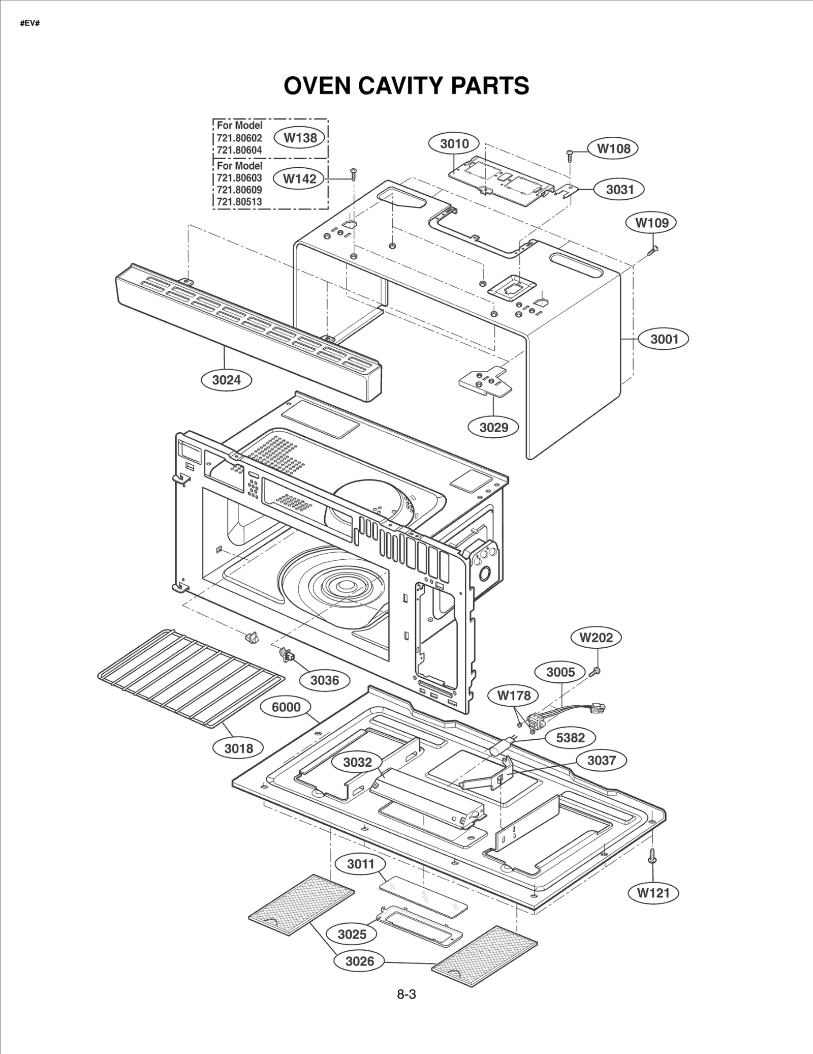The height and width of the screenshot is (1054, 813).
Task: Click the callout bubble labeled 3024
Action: coord(226,380)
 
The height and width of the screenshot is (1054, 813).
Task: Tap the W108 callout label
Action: coord(613,148)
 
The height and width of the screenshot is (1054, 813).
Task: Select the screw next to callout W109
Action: coord(653,249)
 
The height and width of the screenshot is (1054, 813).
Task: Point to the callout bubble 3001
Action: coord(664,339)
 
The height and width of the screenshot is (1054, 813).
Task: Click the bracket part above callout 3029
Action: coord(485,380)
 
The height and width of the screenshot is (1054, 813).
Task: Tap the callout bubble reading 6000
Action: coord(286,707)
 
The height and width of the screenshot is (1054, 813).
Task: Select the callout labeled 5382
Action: coord(570,738)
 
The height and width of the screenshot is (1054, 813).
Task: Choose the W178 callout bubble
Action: coord(513,695)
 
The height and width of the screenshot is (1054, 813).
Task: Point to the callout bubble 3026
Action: coord(359,961)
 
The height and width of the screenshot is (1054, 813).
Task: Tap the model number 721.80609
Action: coord(239,190)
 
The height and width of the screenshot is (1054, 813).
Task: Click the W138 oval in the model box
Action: coord(300,138)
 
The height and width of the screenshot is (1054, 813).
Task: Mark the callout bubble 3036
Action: coord(324,680)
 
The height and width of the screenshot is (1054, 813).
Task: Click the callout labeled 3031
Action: coord(620,190)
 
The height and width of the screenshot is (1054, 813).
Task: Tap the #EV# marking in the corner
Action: coord(30,24)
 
